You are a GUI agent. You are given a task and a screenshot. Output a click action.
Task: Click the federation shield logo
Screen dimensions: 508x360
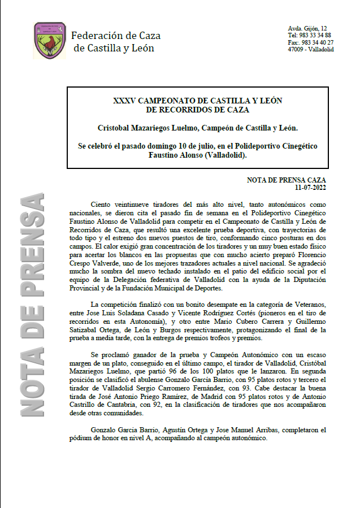click(x=50, y=40)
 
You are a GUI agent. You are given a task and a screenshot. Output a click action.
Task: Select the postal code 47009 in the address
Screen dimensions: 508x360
click(x=296, y=49)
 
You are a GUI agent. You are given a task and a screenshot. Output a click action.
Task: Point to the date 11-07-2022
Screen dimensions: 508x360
click(x=310, y=187)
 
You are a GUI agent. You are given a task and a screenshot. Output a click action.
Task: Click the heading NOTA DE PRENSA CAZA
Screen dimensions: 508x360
click(x=287, y=180)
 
